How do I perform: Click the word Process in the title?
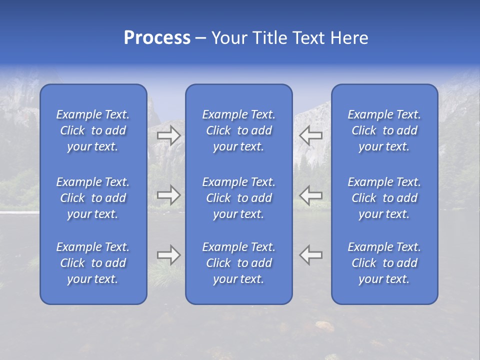pyautogui.click(x=157, y=38)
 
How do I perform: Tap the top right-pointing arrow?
pyautogui.click(x=168, y=135)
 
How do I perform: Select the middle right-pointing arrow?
pyautogui.click(x=168, y=195)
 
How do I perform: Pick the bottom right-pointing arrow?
pyautogui.click(x=168, y=255)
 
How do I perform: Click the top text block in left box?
pyautogui.click(x=93, y=130)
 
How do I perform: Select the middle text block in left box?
pyautogui.click(x=93, y=198)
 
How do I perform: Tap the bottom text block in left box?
pyautogui.click(x=93, y=263)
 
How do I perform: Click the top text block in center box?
pyautogui.click(x=239, y=130)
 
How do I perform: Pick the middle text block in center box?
pyautogui.click(x=239, y=198)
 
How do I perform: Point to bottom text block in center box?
pyautogui.click(x=239, y=263)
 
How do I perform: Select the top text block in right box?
pyautogui.click(x=384, y=130)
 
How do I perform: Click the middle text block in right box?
pyautogui.click(x=384, y=198)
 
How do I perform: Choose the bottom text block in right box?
pyautogui.click(x=384, y=263)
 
